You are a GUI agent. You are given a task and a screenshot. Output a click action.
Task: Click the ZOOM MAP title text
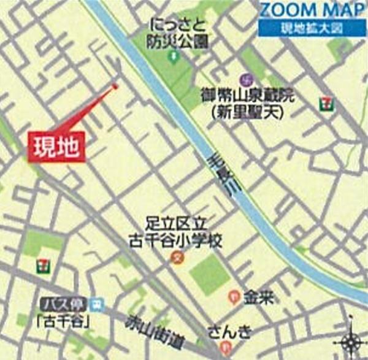click(311, 10)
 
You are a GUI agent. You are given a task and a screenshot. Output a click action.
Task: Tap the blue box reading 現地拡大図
click(311, 28)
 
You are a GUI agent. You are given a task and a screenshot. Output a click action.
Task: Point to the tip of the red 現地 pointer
click(115, 86)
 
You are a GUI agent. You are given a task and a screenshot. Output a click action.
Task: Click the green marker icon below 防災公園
click(174, 57)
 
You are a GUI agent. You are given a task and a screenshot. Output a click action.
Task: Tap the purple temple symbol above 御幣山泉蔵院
click(248, 79)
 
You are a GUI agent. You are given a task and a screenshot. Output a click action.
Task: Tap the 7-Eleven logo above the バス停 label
click(42, 264)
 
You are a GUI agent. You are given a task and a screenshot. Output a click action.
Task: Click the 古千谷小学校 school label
click(175, 234)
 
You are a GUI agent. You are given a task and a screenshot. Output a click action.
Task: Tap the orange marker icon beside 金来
click(234, 297)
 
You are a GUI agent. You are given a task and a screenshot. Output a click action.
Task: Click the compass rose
click(352, 339)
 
